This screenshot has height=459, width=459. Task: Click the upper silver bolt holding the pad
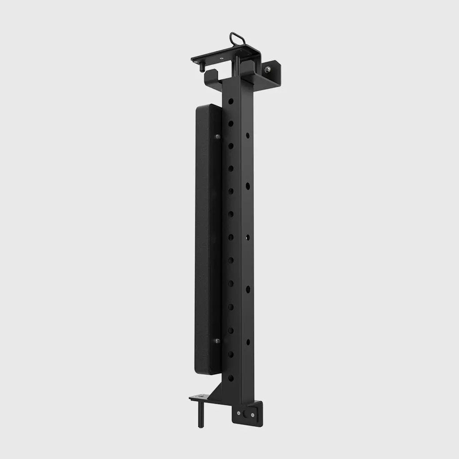pos(217,136)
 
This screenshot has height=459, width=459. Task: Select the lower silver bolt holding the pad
pos(217,341)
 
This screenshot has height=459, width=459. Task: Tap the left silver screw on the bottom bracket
pos(238,413)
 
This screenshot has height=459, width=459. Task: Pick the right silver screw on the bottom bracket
pos(254,415)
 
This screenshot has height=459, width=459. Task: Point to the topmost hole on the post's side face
pos(247,134)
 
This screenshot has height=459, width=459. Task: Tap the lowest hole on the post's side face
pos(248,342)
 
